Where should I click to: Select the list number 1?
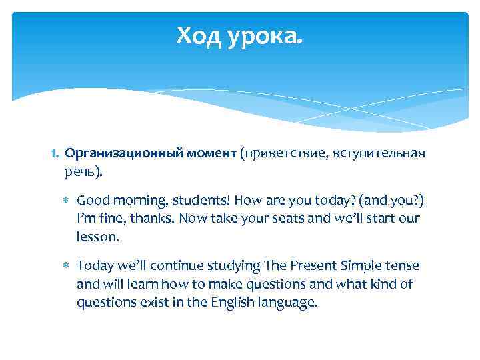tap(55, 154)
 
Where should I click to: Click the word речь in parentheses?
tap(80, 172)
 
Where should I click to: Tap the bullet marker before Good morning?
tap(66, 200)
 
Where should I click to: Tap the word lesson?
tap(97, 236)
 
